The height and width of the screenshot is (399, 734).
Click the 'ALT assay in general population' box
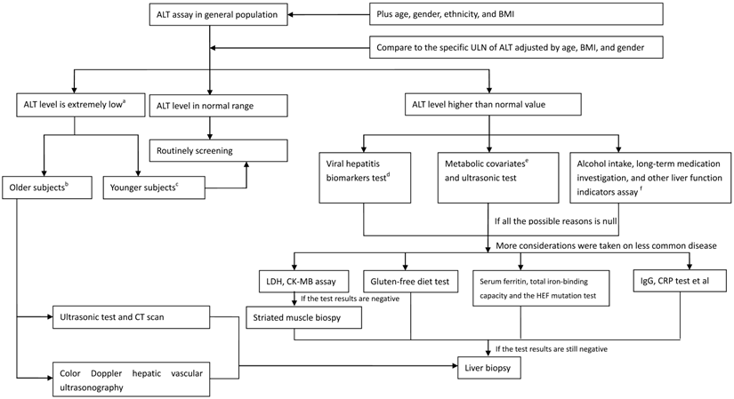pos(209,13)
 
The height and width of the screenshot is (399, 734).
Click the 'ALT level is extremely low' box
pos(73,105)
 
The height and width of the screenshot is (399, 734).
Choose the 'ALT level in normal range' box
pos(218,106)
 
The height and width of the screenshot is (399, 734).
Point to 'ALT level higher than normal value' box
pos(490,106)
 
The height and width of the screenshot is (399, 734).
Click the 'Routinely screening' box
pos(218,150)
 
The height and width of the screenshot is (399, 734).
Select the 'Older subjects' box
pos(47,188)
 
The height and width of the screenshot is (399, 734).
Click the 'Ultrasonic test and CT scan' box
pos(132,315)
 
